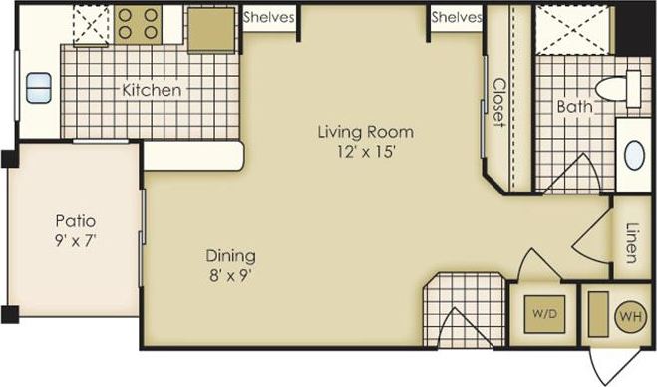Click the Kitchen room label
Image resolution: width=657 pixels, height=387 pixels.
coord(152,90)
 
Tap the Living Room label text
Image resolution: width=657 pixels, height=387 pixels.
coord(365,131)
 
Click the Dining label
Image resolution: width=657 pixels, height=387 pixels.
coord(231,254)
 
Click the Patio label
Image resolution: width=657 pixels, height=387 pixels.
coord(74,220)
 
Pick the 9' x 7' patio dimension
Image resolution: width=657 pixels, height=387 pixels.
coord(74,239)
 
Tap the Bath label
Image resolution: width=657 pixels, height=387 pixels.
coord(574,106)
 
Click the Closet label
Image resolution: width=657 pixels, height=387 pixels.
coord(497,103)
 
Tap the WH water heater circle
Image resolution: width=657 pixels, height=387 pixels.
coord(629,317)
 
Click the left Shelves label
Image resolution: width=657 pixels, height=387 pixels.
coord(267,17)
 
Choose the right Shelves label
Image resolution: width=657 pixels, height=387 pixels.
coord(457,17)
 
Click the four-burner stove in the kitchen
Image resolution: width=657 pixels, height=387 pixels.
coord(139,25)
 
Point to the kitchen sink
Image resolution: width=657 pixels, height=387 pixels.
coord(39,87)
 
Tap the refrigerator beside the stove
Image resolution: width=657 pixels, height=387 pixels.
coord(211,29)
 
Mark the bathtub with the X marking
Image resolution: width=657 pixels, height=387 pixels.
coord(573,27)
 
